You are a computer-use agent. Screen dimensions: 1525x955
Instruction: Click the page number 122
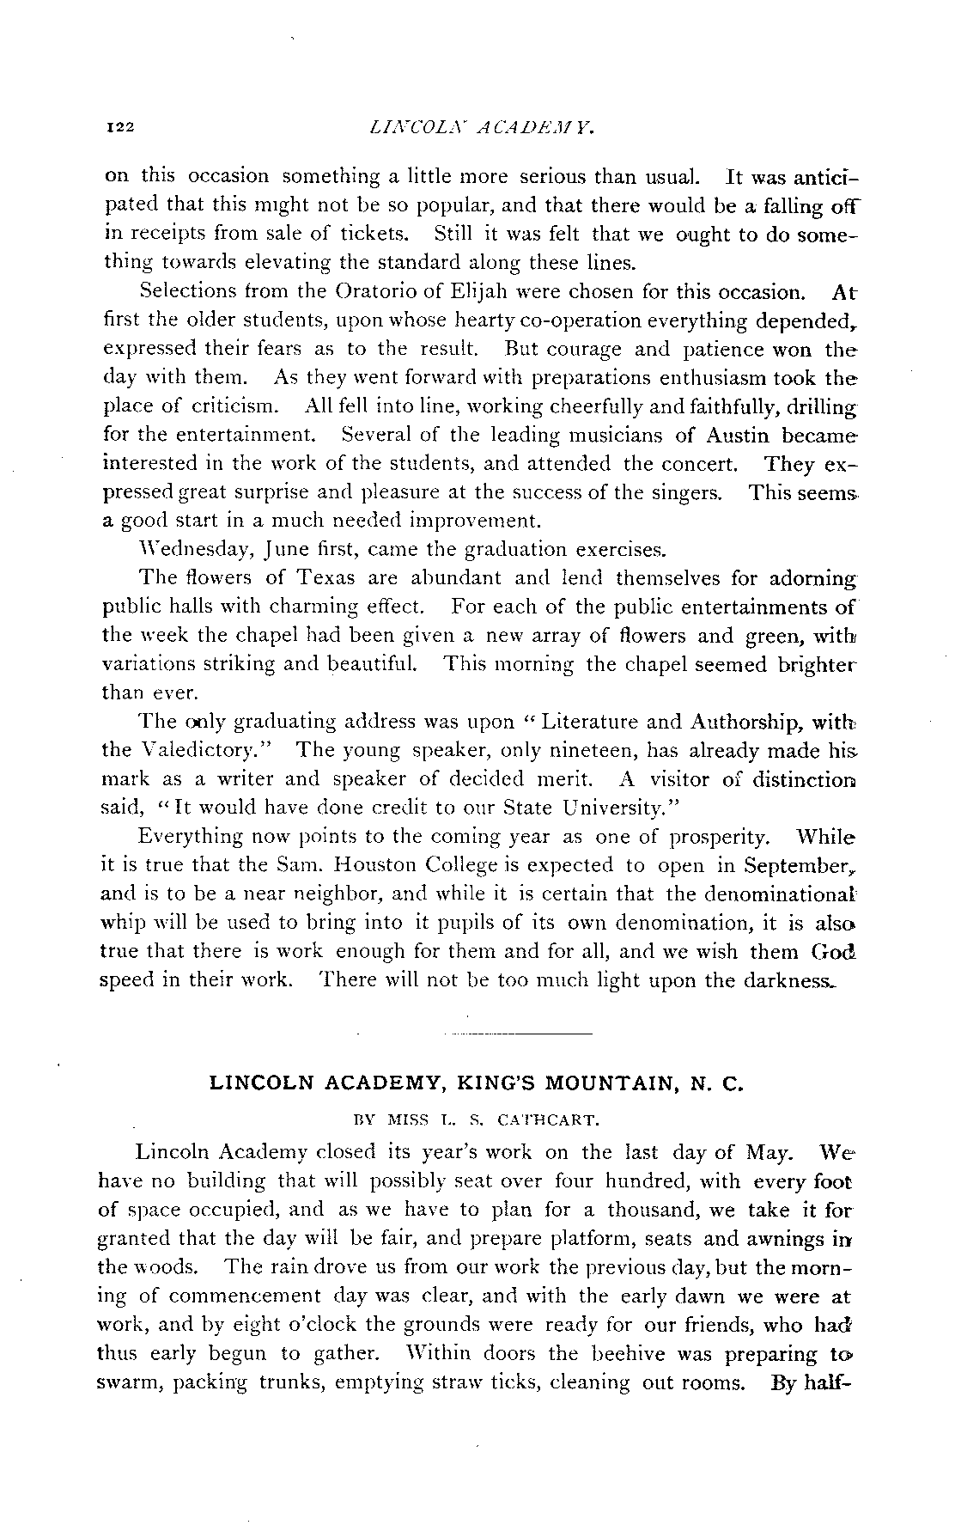click(x=117, y=128)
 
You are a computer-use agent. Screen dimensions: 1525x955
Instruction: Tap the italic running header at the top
click(x=480, y=128)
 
